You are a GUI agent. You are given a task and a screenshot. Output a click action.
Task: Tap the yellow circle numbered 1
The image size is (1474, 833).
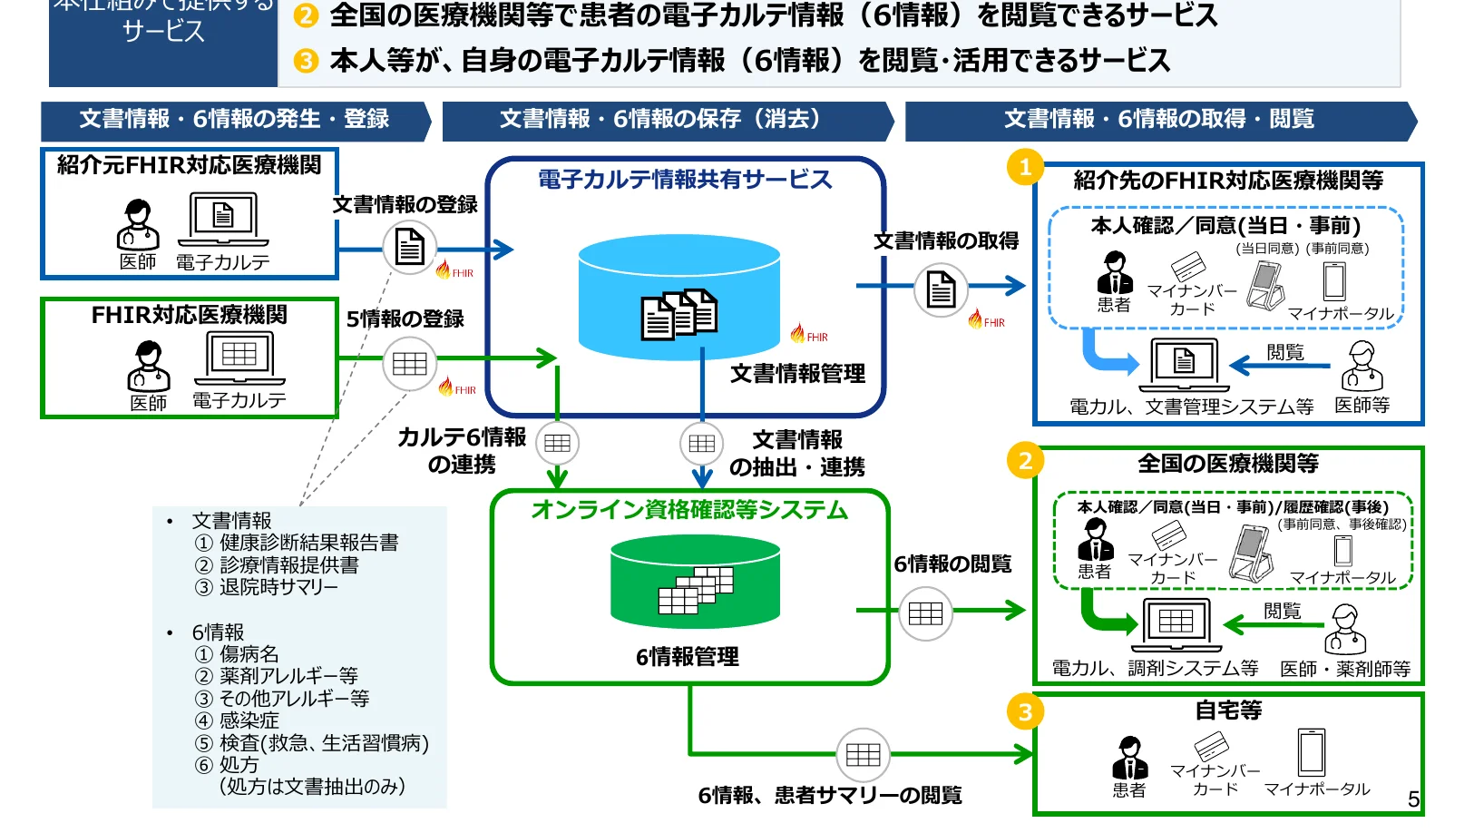(1025, 167)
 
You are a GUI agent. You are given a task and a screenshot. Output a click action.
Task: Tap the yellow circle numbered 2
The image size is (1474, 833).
(1025, 461)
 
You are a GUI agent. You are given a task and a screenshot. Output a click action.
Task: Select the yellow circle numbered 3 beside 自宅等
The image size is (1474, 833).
(1025, 712)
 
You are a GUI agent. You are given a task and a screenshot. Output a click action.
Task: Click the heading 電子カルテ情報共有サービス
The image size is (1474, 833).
(685, 180)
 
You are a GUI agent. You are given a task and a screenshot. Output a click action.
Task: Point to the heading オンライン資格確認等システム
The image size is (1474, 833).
(689, 510)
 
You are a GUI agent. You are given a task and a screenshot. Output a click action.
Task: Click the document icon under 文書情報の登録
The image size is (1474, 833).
(410, 247)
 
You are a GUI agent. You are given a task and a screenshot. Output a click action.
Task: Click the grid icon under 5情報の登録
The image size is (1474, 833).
(410, 364)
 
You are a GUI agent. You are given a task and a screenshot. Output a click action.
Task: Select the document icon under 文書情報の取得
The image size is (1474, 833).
(941, 290)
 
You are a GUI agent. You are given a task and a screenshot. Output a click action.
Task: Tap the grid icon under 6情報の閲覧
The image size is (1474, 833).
(925, 614)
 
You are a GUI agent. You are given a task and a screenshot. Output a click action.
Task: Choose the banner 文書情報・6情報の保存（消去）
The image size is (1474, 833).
(661, 120)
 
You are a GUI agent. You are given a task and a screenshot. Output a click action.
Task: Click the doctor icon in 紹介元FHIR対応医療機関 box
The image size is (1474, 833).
(138, 225)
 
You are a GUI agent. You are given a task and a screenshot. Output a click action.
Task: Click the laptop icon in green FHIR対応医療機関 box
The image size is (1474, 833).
(239, 358)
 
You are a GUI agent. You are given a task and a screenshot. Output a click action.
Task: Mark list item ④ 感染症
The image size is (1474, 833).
(238, 720)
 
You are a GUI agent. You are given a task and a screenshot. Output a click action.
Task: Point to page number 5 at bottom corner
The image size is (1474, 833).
(1413, 799)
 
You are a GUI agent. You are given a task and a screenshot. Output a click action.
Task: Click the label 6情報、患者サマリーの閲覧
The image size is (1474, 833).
(830, 796)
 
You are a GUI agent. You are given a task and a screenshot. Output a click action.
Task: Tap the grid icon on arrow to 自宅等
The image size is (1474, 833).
(863, 755)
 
